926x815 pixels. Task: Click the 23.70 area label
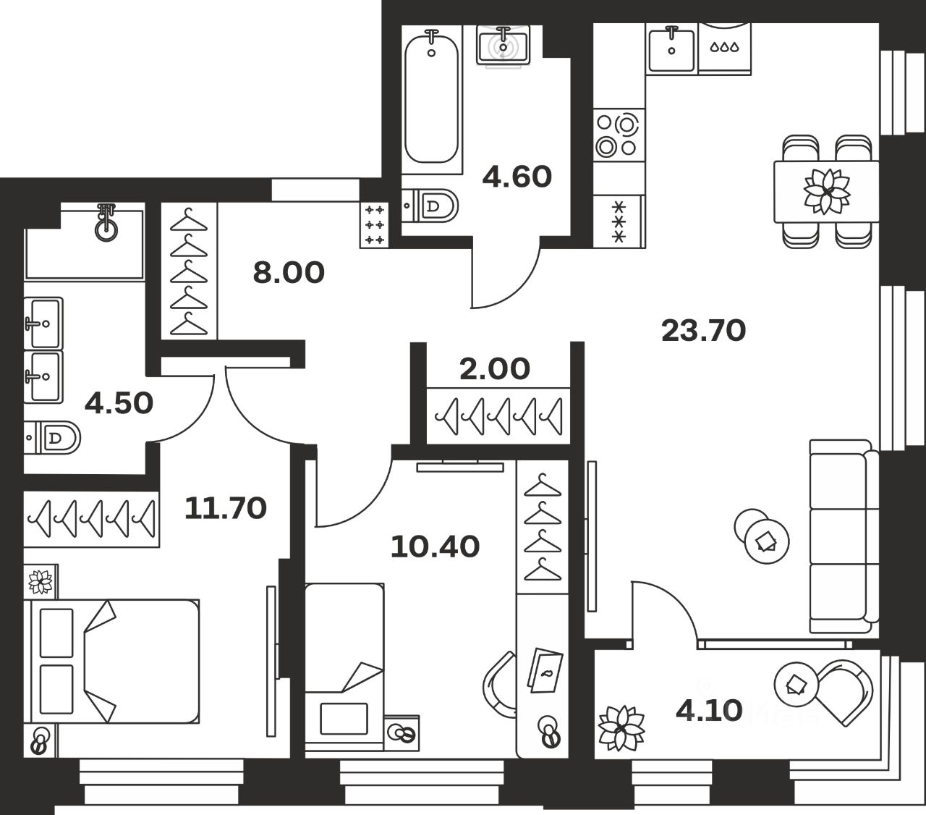703,331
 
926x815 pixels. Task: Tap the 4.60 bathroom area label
517,177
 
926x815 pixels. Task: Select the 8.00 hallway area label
288,273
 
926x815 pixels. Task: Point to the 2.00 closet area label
495,369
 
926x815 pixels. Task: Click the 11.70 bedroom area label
225,508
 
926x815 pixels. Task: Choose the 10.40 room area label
434,546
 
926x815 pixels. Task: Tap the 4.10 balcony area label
708,711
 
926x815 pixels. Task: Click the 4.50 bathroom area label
119,403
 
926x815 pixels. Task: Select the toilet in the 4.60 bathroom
433,206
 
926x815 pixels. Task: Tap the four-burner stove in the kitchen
618,135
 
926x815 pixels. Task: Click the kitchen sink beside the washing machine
672,49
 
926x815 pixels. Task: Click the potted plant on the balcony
621,727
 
